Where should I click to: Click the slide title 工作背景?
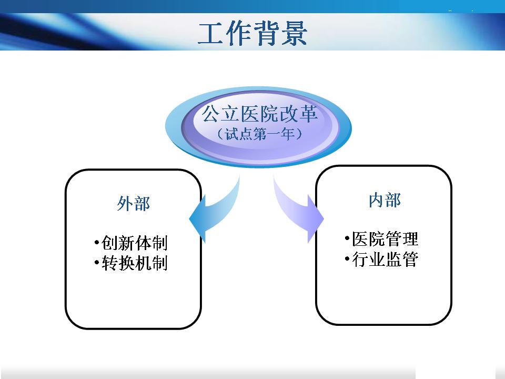(x=252, y=33)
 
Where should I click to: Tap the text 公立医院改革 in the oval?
(x=259, y=114)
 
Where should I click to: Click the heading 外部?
(x=133, y=203)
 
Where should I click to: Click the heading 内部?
(x=385, y=200)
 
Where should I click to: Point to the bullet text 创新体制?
(x=134, y=243)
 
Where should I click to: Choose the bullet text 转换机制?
(x=134, y=263)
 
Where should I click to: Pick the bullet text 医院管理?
(x=385, y=239)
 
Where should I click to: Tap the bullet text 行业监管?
(x=385, y=259)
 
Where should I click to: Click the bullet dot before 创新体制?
(x=97, y=242)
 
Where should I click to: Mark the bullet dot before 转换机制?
(x=97, y=263)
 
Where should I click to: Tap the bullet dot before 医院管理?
(x=347, y=238)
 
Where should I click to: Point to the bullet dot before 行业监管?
(x=347, y=259)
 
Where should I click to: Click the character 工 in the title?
(x=210, y=34)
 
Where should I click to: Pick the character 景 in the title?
(x=294, y=34)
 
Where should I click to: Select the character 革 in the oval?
(x=309, y=114)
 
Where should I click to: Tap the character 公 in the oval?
(x=211, y=114)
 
